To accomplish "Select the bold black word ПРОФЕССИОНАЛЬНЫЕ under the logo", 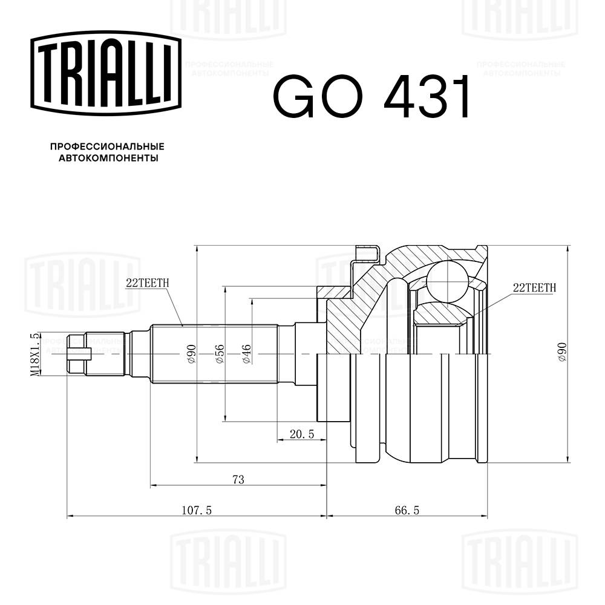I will tap(107, 147).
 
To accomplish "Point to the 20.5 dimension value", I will tap(302, 434).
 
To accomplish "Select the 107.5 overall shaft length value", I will tap(196, 511).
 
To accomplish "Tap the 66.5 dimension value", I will tap(407, 511).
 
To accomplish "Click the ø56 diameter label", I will tap(220, 353).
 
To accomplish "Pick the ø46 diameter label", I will tap(246, 353).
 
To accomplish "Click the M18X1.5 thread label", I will tap(36, 355).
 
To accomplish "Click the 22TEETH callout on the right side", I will tap(534, 287).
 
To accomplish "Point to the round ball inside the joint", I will tap(447, 276).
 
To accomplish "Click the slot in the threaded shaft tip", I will tap(80, 353).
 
